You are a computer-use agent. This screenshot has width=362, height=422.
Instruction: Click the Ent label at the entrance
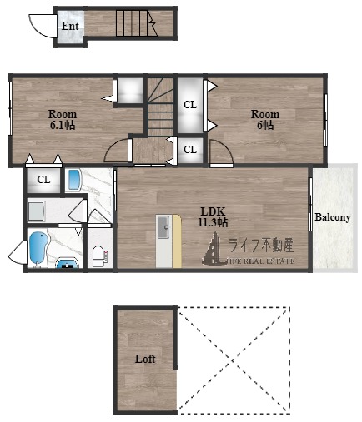pyautogui.click(x=70, y=26)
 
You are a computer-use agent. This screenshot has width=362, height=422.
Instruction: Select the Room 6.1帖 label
pyautogui.click(x=63, y=120)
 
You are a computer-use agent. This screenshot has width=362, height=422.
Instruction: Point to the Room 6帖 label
pyautogui.click(x=265, y=120)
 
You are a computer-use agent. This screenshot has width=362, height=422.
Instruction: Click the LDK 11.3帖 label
pyautogui.click(x=213, y=217)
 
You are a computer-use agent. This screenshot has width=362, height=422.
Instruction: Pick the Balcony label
pyautogui.click(x=333, y=217)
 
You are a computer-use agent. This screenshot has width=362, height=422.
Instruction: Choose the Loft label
pyautogui.click(x=145, y=359)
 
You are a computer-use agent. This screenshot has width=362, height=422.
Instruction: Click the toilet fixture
pyautogui.click(x=100, y=256)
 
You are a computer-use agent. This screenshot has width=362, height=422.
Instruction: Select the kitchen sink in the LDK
pyautogui.click(x=164, y=227)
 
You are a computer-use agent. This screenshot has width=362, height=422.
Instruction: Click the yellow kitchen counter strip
pyautogui.click(x=177, y=241)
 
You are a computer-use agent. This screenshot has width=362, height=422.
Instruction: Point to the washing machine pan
pyautogui.click(x=36, y=211)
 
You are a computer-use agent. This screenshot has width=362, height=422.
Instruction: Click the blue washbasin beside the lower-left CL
pyautogui.click(x=74, y=180)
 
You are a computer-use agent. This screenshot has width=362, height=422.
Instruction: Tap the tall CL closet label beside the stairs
pyautogui.click(x=190, y=105)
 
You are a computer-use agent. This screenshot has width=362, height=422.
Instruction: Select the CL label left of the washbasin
pyautogui.click(x=43, y=180)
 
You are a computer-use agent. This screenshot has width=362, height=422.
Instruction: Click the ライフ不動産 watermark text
pyautogui.click(x=261, y=246)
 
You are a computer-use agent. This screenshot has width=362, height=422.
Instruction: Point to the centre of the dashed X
pyautogui.click(x=233, y=360)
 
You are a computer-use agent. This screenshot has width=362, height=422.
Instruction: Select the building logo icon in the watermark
pyautogui.click(x=214, y=248)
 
